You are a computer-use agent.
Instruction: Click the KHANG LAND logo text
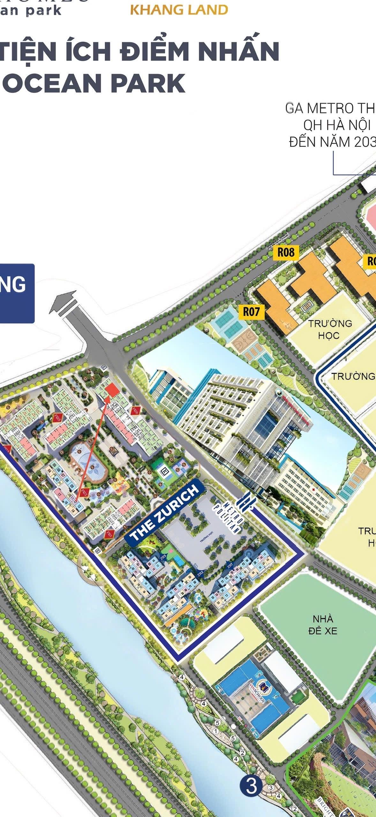(179, 10)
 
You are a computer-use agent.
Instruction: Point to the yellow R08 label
(286, 252)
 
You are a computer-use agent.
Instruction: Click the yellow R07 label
(251, 311)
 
